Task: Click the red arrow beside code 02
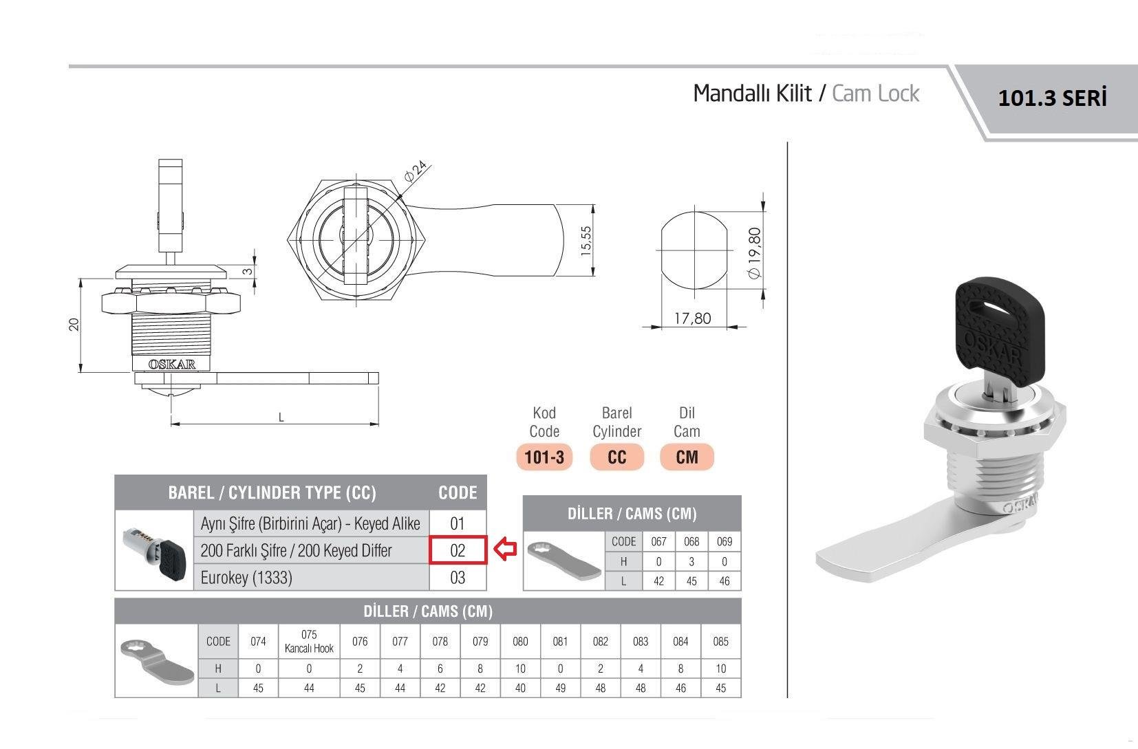[x=506, y=550]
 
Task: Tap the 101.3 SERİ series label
[x=1052, y=98]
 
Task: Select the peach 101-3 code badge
[x=544, y=457]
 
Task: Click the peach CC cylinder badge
[x=616, y=457]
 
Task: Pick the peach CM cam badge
[x=687, y=457]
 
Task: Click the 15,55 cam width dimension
[x=586, y=241]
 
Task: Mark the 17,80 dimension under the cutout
[x=692, y=318]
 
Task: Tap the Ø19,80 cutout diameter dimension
[x=755, y=253]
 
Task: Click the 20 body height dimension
[x=74, y=325]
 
